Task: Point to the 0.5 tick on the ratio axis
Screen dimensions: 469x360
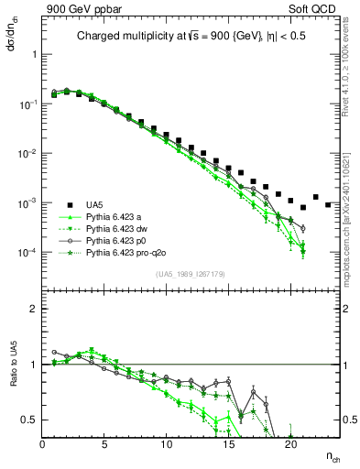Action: [32, 420]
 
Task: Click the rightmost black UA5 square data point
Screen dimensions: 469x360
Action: [328, 204]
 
